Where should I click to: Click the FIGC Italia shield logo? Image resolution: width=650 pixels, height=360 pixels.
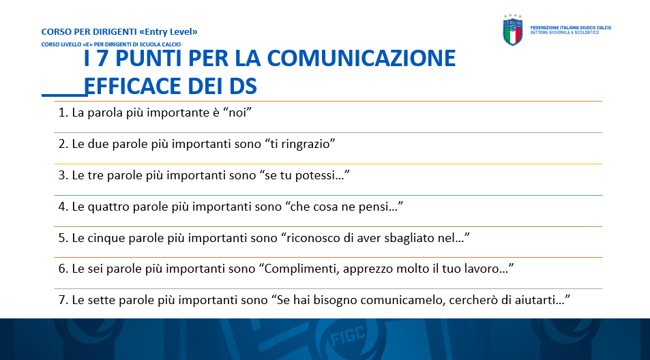513,30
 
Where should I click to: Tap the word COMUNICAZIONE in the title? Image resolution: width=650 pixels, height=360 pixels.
361,58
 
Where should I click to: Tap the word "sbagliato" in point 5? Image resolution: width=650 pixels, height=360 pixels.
408,238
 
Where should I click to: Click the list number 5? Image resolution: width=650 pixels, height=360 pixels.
63,238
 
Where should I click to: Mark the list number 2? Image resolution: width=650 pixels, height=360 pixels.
63,144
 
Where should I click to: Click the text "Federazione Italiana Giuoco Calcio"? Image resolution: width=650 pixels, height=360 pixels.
571,28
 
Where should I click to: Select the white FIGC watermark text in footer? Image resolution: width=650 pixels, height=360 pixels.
348,336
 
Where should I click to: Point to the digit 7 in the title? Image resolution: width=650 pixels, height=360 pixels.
103,58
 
